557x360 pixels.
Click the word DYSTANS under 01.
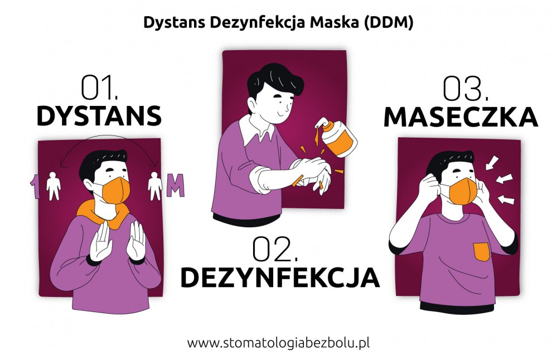(99, 116)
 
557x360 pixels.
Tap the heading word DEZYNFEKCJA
(280, 278)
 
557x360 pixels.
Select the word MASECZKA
(461, 117)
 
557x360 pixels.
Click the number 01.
(99, 87)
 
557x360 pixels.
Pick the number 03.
(466, 89)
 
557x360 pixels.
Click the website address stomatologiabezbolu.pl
(278, 343)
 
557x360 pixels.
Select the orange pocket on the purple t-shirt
(481, 252)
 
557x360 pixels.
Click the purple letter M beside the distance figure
(176, 185)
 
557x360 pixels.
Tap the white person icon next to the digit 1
(54, 186)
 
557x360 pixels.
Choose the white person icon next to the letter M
(155, 186)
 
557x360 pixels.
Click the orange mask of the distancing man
(116, 191)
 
